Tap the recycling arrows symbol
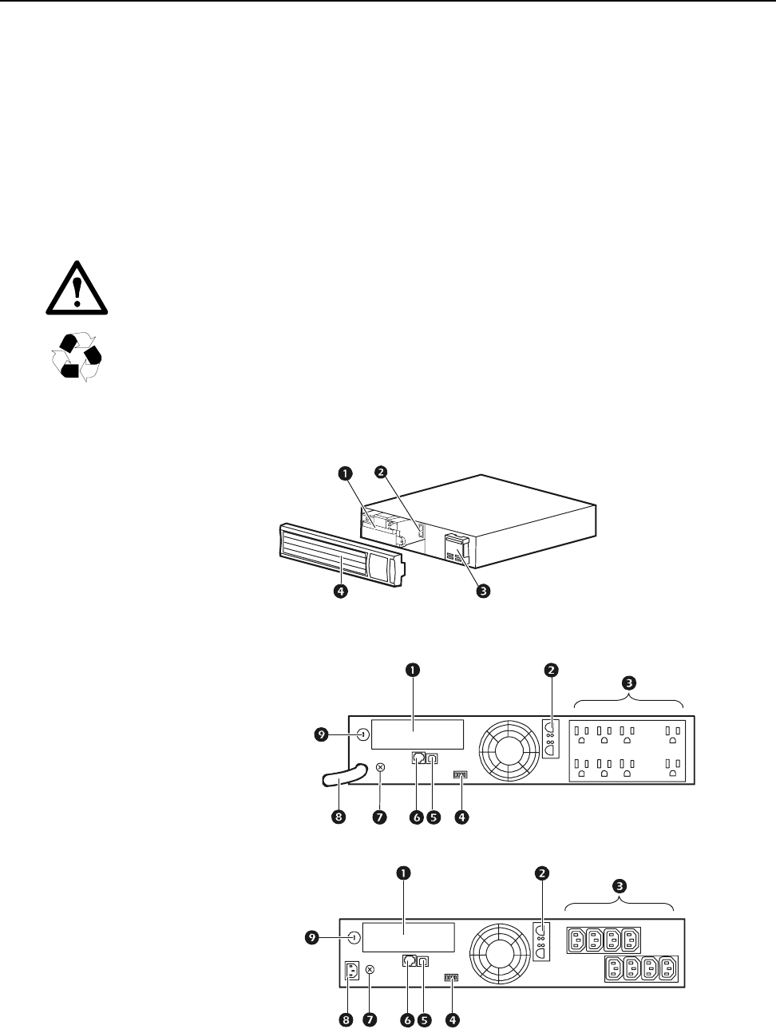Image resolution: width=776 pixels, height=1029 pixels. (77, 357)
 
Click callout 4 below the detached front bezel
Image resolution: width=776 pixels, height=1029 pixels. (341, 592)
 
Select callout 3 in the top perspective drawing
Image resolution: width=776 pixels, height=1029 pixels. (482, 592)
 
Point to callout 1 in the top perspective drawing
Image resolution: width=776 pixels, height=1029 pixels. (344, 473)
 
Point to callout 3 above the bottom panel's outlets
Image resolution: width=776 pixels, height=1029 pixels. (620, 885)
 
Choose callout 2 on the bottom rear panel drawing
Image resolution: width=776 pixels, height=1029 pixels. (542, 873)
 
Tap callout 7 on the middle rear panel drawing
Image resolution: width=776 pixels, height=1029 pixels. (379, 817)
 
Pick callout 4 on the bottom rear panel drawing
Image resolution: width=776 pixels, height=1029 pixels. (453, 1019)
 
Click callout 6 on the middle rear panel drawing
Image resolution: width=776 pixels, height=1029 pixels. (415, 817)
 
